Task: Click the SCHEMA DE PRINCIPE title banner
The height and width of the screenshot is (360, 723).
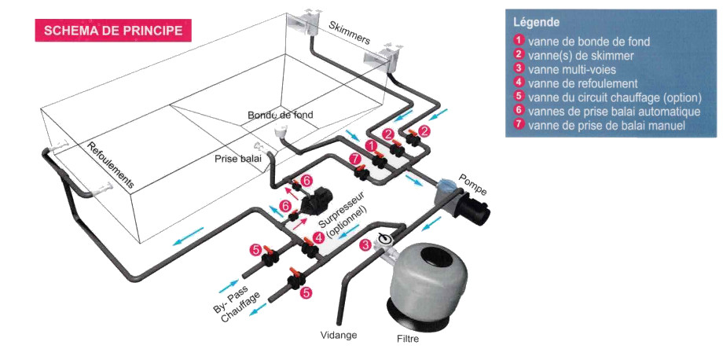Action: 113,31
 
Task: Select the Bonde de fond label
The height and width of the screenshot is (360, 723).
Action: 281,115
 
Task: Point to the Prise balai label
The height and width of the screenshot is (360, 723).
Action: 237,159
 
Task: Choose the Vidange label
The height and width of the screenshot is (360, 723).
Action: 339,335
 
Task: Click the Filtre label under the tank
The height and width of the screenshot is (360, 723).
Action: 408,340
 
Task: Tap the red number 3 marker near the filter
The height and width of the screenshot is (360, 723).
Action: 365,245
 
